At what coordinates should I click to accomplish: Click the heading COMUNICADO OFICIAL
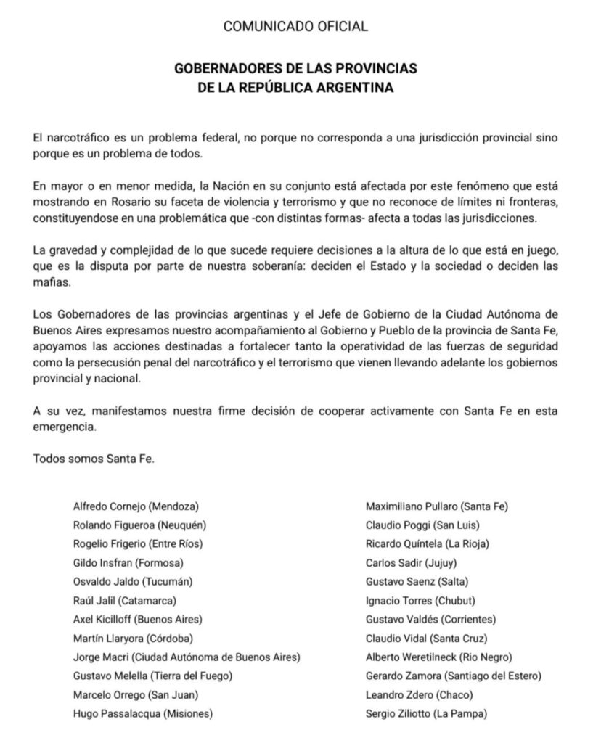[295, 27]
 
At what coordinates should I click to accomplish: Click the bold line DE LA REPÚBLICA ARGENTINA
[295, 89]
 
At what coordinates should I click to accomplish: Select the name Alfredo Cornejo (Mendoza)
[136, 505]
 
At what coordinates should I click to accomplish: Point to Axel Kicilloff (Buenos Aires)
[138, 619]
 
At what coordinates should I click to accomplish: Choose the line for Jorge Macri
[187, 657]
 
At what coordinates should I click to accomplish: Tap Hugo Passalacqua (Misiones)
[143, 713]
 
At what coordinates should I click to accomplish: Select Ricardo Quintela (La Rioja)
[428, 543]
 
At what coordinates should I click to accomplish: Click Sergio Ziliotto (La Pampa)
[427, 713]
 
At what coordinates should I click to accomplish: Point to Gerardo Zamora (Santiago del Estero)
[454, 676]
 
